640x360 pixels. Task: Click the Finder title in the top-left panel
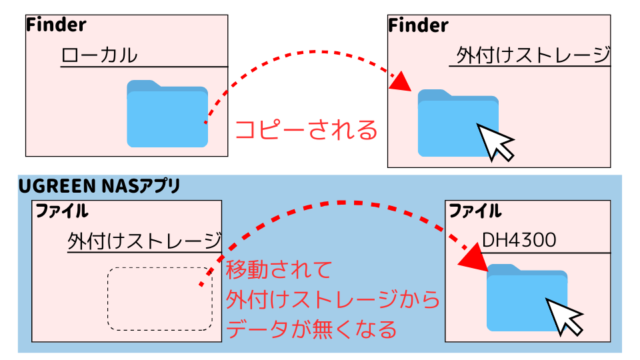(x=56, y=25)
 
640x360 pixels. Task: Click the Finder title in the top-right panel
(x=418, y=25)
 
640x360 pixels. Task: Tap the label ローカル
(x=99, y=55)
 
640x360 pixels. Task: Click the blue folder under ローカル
(x=167, y=114)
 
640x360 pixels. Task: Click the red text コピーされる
(x=307, y=129)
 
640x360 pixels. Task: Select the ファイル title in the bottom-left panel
(x=61, y=212)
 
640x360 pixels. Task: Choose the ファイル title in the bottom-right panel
(x=475, y=212)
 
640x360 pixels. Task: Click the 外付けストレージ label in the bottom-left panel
(x=145, y=241)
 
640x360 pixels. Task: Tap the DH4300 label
(x=519, y=240)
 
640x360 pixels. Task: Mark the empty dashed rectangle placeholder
(x=160, y=299)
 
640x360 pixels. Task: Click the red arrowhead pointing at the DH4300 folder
(x=471, y=257)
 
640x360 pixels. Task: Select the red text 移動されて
(x=279, y=271)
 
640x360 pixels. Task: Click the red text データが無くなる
(x=312, y=329)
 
